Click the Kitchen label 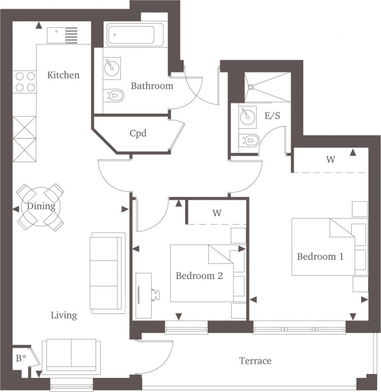[63, 75]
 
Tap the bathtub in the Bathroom [135, 35]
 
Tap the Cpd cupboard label [138, 133]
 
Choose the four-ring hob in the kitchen [25, 82]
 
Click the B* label [21, 358]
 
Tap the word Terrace [255, 361]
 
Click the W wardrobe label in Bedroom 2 [217, 213]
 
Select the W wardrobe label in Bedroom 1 [330, 160]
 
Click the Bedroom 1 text [320, 257]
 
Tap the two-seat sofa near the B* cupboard [71, 356]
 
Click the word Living [64, 316]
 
